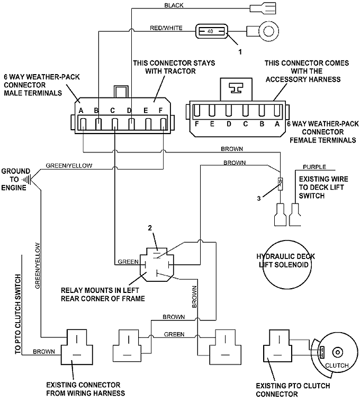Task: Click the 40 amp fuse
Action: (211, 31)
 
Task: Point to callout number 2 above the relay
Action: (150, 228)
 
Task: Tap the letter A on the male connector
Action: (82, 111)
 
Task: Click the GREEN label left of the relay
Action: (128, 262)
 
